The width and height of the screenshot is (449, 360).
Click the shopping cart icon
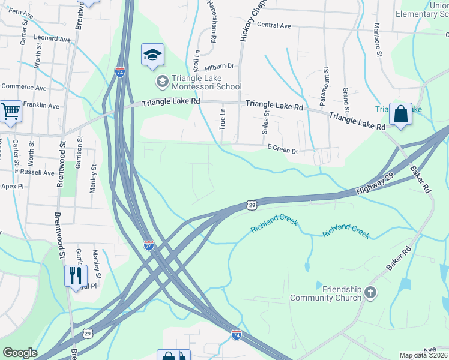[x=11, y=111]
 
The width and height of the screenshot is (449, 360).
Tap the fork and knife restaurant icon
[x=76, y=275]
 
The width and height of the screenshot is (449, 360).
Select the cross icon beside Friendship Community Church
[x=370, y=293]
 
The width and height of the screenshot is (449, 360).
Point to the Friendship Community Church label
[x=326, y=293]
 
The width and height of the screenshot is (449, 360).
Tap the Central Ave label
[x=274, y=26]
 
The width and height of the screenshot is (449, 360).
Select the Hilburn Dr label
[x=219, y=68]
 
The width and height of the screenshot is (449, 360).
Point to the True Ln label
[x=223, y=119]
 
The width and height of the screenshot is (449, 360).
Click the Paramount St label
[x=326, y=82]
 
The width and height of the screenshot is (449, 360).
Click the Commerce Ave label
[x=24, y=88]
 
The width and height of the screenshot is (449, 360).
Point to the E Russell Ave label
[x=35, y=173]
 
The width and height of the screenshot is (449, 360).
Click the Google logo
[x=20, y=353]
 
